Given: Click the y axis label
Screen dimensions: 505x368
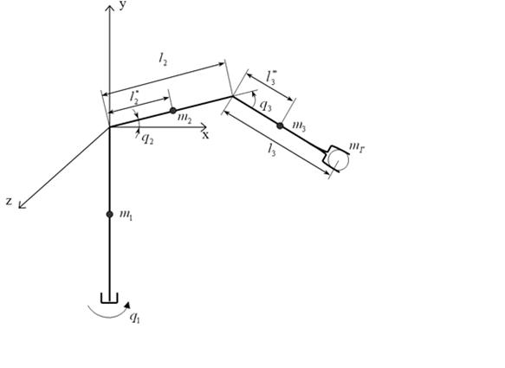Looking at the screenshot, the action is [x=122, y=5].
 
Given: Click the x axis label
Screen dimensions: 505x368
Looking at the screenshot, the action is [x=205, y=135].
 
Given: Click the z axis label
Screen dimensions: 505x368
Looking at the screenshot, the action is [x=9, y=201].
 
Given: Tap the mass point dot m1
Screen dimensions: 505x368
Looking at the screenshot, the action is [x=109, y=214].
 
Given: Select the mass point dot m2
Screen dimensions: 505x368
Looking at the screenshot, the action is [x=173, y=111].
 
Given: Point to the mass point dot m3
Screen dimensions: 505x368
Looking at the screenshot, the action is [x=280, y=126].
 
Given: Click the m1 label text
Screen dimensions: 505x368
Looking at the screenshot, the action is [x=126, y=215].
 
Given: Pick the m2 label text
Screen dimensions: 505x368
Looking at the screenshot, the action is [x=185, y=118].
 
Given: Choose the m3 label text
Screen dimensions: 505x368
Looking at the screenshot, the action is [x=299, y=126].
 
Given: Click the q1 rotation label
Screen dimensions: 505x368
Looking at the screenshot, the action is [x=134, y=318].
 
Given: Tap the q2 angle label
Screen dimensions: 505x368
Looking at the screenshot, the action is [x=147, y=139].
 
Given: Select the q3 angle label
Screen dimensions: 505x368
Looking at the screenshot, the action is [x=265, y=106].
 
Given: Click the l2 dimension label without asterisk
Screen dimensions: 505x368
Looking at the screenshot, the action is [x=164, y=59].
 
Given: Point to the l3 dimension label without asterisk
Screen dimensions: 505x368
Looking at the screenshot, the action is [x=272, y=150].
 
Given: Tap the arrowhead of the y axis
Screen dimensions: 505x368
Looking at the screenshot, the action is [x=110, y=8].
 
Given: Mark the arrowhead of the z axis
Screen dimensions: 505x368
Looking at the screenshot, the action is [x=22, y=205].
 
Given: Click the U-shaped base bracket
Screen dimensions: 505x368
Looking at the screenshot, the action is [x=109, y=298].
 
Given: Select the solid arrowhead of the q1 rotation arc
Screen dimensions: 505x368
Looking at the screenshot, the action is [x=127, y=305].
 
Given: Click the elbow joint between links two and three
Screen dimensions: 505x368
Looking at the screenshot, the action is [x=232, y=96].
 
